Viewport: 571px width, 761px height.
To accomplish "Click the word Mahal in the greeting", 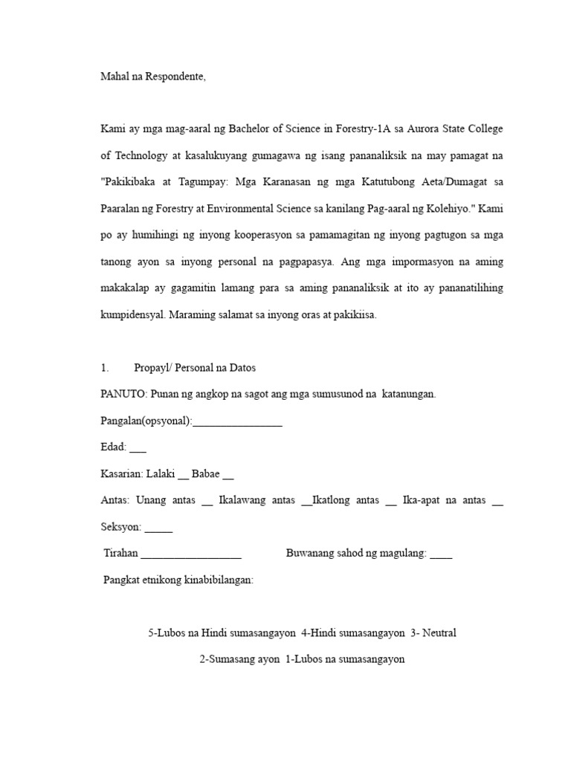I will (x=114, y=76).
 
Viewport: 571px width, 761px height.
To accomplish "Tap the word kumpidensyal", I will (x=133, y=314).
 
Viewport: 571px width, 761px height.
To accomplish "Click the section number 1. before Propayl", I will (x=105, y=368).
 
